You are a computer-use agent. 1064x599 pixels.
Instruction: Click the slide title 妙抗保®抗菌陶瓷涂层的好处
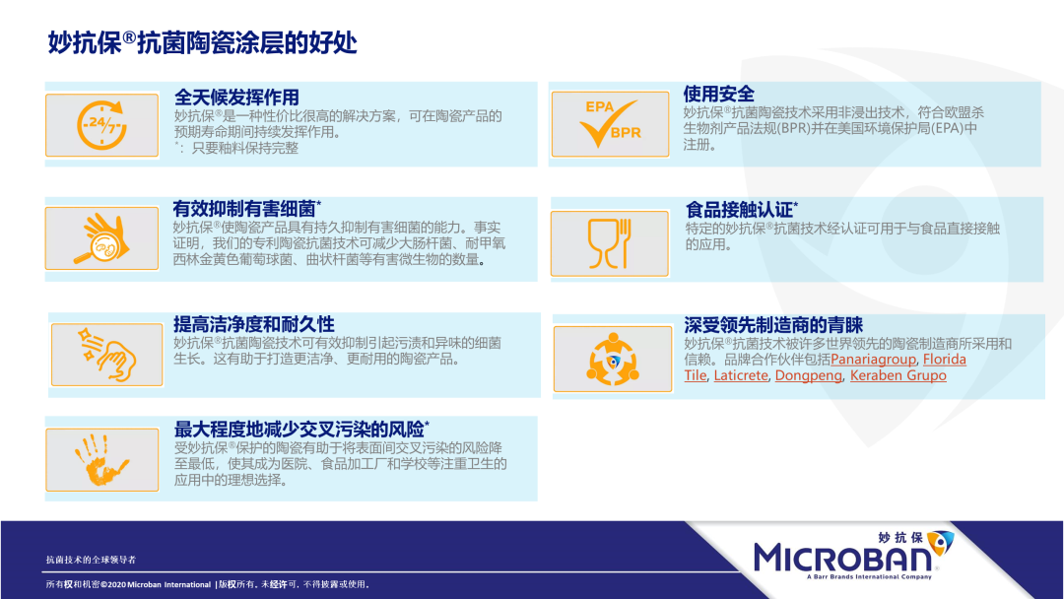pyautogui.click(x=202, y=42)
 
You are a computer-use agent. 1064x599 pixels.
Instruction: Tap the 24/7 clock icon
pyautogui.click(x=101, y=125)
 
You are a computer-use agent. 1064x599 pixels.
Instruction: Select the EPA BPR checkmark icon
pyautogui.click(x=610, y=123)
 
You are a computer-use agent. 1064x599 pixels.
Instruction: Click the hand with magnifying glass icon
pyautogui.click(x=101, y=238)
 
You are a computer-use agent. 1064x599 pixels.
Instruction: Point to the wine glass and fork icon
pyautogui.click(x=610, y=243)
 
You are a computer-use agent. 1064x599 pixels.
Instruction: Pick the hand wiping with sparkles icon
pyautogui.click(x=107, y=354)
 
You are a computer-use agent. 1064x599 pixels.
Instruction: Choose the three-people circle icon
pyautogui.click(x=613, y=359)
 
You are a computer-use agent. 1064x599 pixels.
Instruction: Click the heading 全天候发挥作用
pyautogui.click(x=236, y=97)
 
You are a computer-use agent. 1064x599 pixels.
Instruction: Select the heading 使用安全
pyautogui.click(x=718, y=94)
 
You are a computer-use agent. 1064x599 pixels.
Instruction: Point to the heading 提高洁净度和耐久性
pyautogui.click(x=254, y=324)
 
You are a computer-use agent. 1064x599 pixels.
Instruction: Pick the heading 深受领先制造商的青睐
pyautogui.click(x=773, y=325)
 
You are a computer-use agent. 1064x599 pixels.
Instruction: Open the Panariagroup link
pyautogui.click(x=873, y=360)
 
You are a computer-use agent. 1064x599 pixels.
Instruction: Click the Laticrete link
pyautogui.click(x=741, y=375)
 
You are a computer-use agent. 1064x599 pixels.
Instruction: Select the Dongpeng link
pyautogui.click(x=808, y=375)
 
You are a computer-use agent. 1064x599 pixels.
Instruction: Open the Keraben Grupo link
pyautogui.click(x=898, y=375)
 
